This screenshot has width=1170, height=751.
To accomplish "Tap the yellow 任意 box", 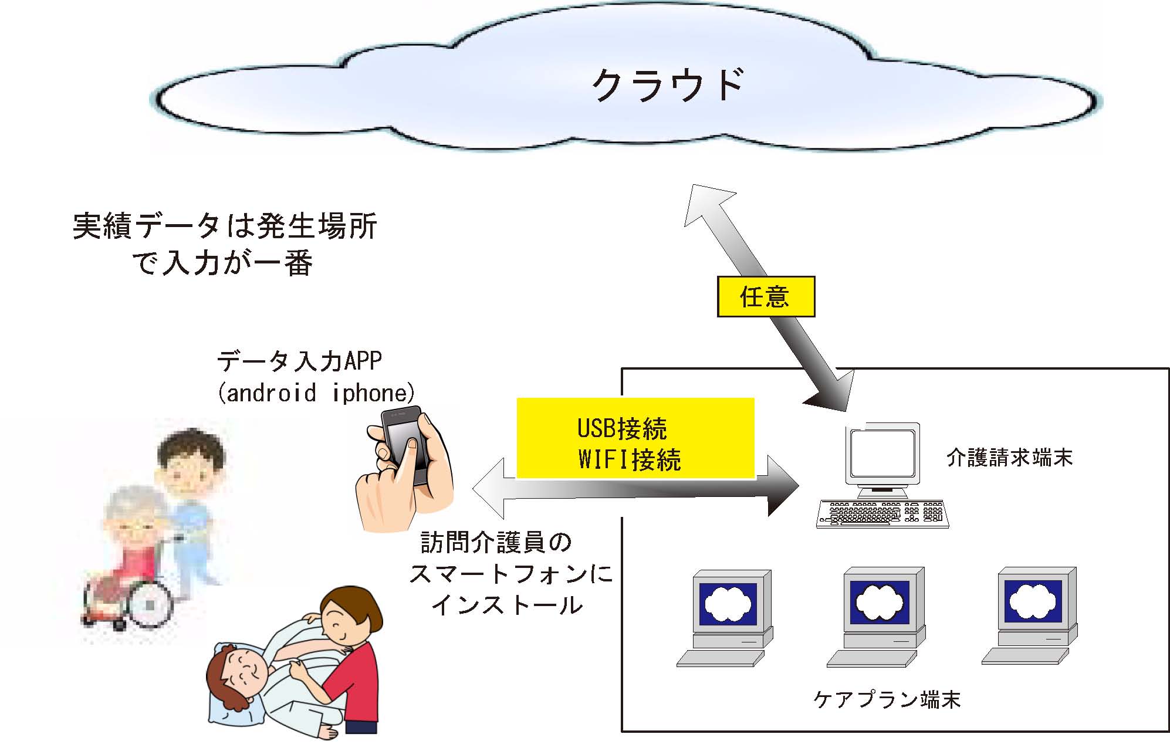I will point(766,297).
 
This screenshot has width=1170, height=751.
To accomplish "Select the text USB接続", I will point(622,429).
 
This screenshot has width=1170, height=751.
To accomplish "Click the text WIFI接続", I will point(629,459).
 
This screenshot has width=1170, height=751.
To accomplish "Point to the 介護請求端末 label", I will point(1009,458).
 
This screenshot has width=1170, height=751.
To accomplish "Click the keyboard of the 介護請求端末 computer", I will point(882,514).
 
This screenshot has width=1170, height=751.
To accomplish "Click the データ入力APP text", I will point(299,361).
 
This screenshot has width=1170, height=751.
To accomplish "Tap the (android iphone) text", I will point(316,393).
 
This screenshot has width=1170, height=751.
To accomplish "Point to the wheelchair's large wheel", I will point(151,603).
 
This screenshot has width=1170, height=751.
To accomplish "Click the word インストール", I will point(508,605).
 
